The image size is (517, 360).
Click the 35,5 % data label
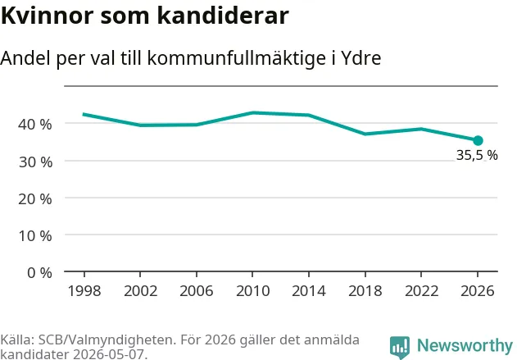click(477, 155)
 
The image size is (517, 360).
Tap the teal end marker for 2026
click(478, 140)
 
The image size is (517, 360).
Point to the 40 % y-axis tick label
click(35, 125)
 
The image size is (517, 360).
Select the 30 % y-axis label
click(35, 162)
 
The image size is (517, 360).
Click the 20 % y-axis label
click(35, 199)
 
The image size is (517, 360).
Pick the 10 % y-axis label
click(35, 236)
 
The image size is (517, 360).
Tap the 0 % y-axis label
click(39, 273)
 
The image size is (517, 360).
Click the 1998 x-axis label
click(84, 291)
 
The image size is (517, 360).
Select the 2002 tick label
click(140, 291)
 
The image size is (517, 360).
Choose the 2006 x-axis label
click(197, 291)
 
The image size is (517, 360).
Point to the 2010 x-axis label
click(252, 291)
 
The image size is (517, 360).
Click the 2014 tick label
click(309, 291)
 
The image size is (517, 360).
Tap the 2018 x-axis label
click(365, 291)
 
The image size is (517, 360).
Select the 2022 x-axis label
click(421, 291)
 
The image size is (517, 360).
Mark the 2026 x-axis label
click(478, 291)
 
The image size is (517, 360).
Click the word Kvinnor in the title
click(48, 16)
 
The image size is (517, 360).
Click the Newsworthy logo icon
click(400, 347)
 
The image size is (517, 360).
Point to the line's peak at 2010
click(253, 112)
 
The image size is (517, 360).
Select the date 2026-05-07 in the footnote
click(108, 354)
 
